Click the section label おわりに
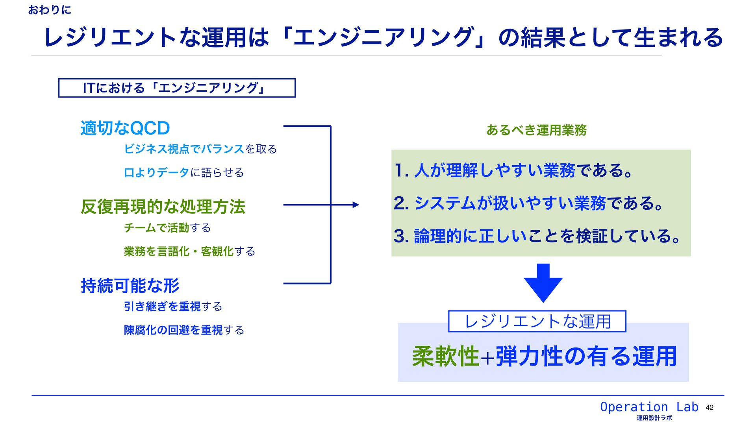pos(50,10)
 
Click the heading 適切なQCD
pos(125,128)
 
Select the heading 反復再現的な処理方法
pos(163,207)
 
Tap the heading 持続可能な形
pos(130,286)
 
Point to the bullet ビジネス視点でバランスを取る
pos(200,149)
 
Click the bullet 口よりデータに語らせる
pos(183,173)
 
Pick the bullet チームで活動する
pos(167,228)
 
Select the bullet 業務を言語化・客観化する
pos(189,251)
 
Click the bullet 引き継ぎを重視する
pos(173,307)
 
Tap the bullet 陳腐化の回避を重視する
pos(184,330)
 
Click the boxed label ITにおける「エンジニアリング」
pos(177,88)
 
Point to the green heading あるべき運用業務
pos(536,130)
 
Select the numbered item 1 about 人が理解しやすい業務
pos(513,171)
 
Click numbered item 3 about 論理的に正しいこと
pos(537,236)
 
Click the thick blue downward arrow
pos(543,283)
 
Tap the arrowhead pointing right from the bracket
pos(356,205)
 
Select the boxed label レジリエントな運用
pos(537,322)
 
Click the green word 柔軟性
pos(445,357)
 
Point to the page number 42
pos(710,408)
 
